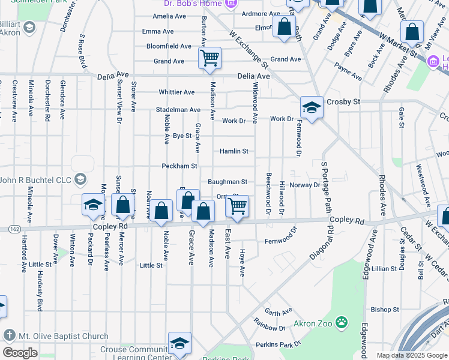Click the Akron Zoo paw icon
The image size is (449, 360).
tap(342, 323)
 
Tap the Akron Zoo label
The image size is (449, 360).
tap(313, 324)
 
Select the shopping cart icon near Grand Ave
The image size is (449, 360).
tap(210, 58)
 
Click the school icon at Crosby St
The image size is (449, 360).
tap(312, 108)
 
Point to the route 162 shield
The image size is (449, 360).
tap(15, 229)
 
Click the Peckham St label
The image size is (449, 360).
tap(178, 166)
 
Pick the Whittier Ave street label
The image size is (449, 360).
tap(176, 92)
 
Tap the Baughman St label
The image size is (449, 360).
tap(228, 182)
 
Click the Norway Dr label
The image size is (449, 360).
tap(304, 185)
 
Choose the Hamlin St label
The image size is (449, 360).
tap(234, 151)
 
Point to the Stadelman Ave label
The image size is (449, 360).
tap(178, 110)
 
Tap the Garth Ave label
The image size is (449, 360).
tap(277, 311)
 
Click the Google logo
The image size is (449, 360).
tap(20, 353)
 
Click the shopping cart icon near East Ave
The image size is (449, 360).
tap(238, 206)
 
